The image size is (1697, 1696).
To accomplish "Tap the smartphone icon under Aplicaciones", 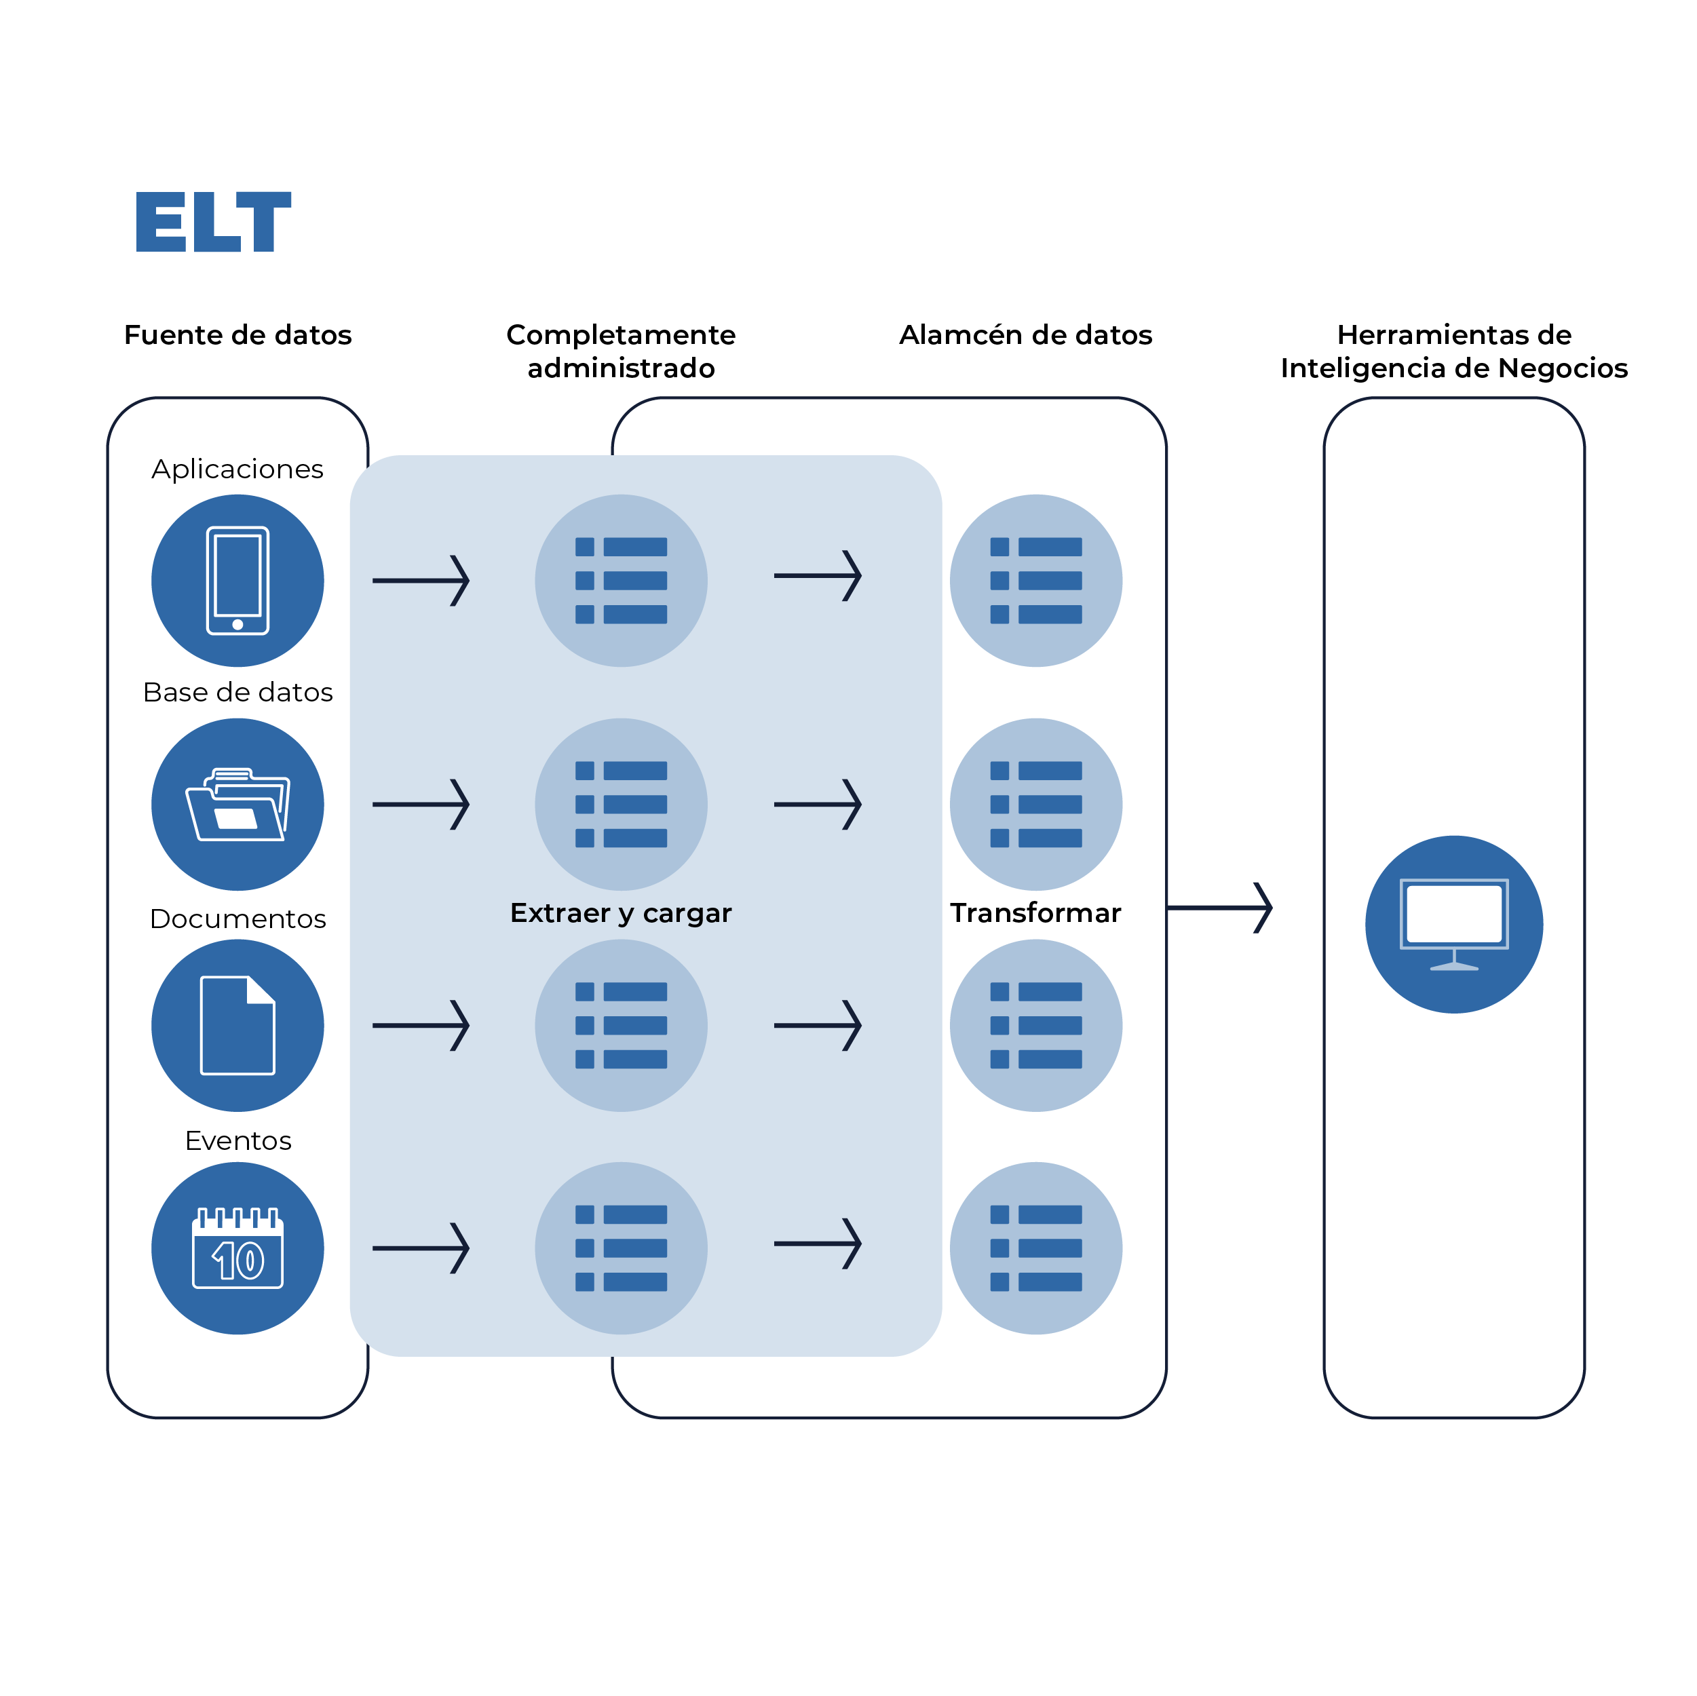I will (x=237, y=581).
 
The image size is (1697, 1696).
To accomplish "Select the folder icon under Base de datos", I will (x=237, y=805).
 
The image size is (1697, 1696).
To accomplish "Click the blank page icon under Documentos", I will (x=237, y=1026).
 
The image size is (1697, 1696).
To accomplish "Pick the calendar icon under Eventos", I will (x=237, y=1248).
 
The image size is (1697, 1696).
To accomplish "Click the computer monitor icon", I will (x=1453, y=924).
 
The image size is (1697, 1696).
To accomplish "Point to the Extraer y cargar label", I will (x=620, y=913).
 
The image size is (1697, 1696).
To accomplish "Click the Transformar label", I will (x=1035, y=913).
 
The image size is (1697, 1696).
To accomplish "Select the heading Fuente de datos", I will (x=237, y=334).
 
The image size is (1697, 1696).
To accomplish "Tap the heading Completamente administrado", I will (x=620, y=351).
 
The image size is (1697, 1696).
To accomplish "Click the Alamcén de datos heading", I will (x=1025, y=334).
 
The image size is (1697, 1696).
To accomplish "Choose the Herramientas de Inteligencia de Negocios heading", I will (x=1453, y=351).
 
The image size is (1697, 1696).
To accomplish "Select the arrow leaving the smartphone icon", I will (x=421, y=581).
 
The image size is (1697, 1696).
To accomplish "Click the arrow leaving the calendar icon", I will (x=421, y=1248).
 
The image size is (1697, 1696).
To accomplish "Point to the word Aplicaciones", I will (x=237, y=469).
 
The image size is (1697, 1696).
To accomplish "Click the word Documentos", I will (x=237, y=919).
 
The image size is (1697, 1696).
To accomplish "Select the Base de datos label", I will (x=237, y=692).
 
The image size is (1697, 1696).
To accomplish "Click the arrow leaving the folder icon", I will (x=421, y=805).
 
